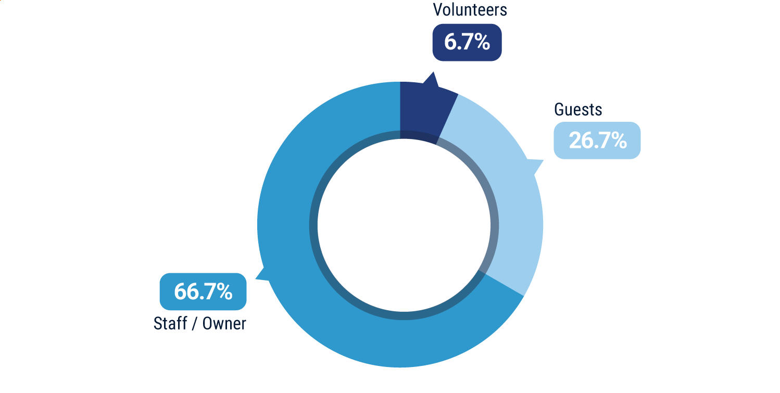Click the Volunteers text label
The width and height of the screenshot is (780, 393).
pyautogui.click(x=470, y=9)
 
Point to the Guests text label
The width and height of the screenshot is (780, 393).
pyautogui.click(x=578, y=110)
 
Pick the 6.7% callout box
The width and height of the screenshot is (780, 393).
pyautogui.click(x=467, y=42)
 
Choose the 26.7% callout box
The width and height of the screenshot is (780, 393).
pyautogui.click(x=597, y=141)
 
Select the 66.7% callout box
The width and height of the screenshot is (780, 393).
pyautogui.click(x=203, y=291)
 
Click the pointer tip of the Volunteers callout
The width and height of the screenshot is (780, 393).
pyautogui.click(x=432, y=74)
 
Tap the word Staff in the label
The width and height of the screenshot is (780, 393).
pyautogui.click(x=170, y=323)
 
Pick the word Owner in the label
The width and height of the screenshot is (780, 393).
pyautogui.click(x=224, y=324)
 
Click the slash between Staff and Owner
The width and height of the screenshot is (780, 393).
pyautogui.click(x=195, y=324)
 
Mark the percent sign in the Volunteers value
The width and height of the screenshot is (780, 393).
pyautogui.click(x=482, y=42)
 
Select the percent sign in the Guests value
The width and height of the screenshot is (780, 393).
pyautogui.click(x=618, y=141)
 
